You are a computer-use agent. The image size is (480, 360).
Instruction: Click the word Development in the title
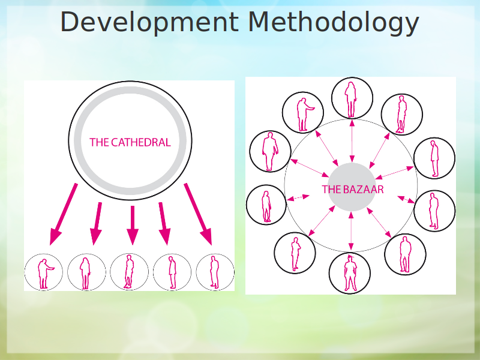tap(149, 22)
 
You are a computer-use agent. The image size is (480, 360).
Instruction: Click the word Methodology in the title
tap(334, 22)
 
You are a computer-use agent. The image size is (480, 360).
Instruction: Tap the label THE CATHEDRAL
tap(130, 142)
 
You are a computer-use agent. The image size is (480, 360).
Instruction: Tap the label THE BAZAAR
tap(352, 189)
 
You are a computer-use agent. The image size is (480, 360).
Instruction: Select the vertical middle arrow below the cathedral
tap(133, 225)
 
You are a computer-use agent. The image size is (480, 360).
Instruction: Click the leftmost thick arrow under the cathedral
tap(64, 214)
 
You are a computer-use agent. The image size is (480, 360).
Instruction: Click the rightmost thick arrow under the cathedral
tap(198, 214)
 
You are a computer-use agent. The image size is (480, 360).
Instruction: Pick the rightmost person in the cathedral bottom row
tap(215, 272)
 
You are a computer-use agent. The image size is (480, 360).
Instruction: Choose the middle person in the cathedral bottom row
tap(129, 272)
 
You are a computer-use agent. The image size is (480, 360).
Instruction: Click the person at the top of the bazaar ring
tap(351, 99)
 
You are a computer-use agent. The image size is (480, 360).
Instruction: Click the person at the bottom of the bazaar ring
tap(350, 273)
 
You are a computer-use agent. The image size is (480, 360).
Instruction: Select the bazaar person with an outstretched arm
tap(304, 114)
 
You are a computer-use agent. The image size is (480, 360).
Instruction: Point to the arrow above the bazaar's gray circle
tap(352, 140)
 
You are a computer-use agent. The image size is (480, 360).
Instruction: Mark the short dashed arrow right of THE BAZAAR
tap(406, 200)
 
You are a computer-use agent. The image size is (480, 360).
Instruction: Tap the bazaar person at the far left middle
tap(266, 206)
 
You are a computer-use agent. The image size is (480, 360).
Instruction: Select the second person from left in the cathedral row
tap(85, 273)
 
